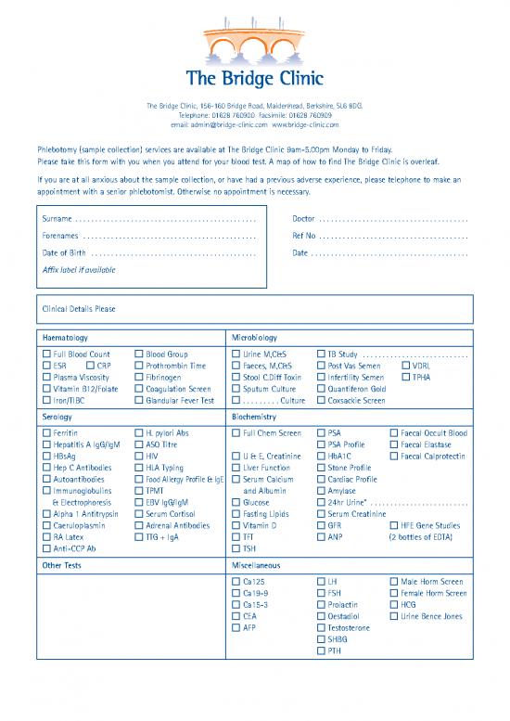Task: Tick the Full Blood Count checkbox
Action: (46, 354)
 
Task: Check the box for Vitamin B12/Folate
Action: (46, 389)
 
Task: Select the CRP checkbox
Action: (91, 366)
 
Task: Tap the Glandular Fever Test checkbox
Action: (138, 400)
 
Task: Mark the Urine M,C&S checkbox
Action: (235, 354)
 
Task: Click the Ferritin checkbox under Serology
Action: (46, 433)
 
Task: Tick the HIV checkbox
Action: (138, 457)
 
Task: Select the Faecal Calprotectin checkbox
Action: (394, 457)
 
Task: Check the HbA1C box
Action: (321, 457)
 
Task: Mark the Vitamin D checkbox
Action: (235, 525)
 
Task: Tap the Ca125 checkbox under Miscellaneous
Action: (235, 582)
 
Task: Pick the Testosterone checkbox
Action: (321, 628)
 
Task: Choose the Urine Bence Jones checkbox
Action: (394, 616)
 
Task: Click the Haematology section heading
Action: (65, 338)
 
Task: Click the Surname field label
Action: (57, 218)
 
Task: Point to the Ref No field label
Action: (304, 235)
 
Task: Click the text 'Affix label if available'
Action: (79, 269)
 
